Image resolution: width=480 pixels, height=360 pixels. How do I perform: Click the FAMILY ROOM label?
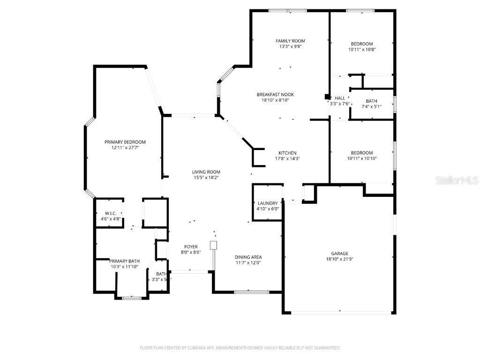pos(290,41)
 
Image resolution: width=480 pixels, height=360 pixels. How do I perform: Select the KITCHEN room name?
pos(287,153)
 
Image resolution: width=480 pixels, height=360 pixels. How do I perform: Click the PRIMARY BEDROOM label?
pos(125,142)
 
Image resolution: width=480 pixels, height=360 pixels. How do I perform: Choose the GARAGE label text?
pos(340,254)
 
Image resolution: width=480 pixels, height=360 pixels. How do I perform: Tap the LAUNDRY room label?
pos(268,203)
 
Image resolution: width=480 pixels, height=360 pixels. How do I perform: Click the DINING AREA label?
pos(248,257)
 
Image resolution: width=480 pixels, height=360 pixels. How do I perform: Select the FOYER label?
pos(191,247)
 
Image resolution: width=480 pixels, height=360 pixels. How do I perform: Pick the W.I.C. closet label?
pos(111,213)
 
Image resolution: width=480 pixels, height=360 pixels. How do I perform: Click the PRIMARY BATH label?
pos(125,261)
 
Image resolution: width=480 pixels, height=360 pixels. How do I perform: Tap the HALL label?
pos(340,98)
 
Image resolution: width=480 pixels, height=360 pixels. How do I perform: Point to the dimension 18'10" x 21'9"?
pos(340,259)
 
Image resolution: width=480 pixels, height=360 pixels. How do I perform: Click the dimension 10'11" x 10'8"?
pos(362,49)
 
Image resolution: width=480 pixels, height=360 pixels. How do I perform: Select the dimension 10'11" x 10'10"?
pos(362,158)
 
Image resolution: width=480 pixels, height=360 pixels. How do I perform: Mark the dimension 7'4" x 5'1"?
pos(371,106)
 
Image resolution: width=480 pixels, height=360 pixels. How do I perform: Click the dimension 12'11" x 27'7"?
pos(125,148)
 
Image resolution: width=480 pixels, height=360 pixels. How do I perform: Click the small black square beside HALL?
pos(327,97)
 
